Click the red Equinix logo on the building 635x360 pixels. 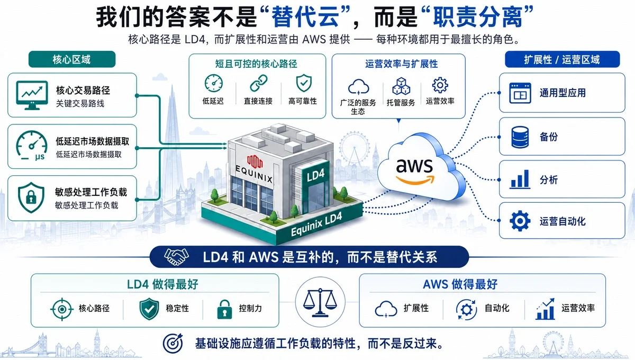(255, 161)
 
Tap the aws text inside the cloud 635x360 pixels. (414, 165)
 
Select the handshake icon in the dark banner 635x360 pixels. (176, 256)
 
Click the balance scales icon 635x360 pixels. (320, 302)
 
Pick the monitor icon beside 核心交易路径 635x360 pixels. (32, 95)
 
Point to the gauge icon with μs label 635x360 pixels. (31, 146)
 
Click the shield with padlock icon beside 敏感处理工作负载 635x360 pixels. (31, 197)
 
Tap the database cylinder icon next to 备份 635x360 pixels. (520, 137)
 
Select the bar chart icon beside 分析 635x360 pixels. (520, 179)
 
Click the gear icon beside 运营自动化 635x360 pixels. (520, 221)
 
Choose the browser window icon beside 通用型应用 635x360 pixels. (520, 93)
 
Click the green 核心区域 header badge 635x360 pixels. (72, 59)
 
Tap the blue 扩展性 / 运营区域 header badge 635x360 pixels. (562, 59)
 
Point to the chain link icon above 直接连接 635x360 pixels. (259, 83)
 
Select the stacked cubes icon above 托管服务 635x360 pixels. (401, 86)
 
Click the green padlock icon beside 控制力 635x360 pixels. (224, 309)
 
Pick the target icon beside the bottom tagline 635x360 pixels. (173, 343)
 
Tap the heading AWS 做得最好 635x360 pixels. (460, 284)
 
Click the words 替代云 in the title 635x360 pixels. (305, 17)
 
